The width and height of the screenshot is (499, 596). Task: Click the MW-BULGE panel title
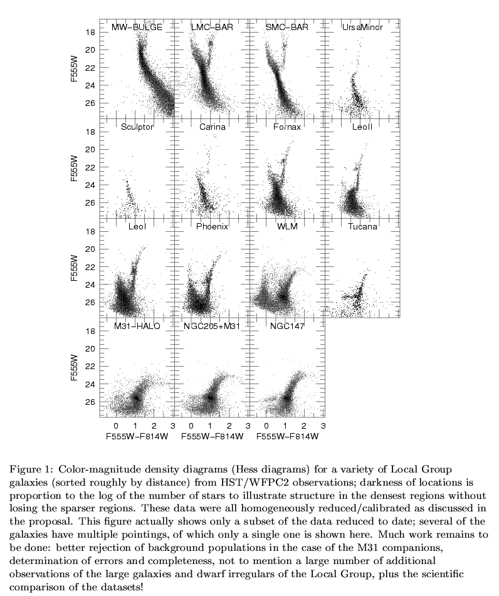click(137, 28)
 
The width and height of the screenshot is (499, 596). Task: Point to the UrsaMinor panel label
click(362, 28)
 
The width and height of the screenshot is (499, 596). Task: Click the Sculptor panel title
click(137, 127)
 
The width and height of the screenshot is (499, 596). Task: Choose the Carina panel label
click(212, 127)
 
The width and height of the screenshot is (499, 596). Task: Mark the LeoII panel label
click(362, 127)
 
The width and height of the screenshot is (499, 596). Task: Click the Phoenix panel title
click(212, 226)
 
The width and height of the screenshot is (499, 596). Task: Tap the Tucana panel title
click(362, 226)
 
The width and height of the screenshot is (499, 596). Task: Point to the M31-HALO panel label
click(137, 326)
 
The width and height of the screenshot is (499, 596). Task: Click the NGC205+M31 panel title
click(212, 326)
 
